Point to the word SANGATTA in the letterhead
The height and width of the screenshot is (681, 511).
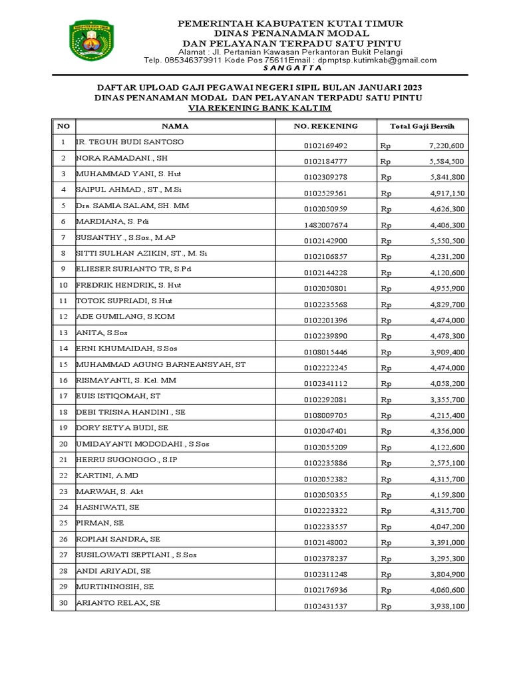(292, 68)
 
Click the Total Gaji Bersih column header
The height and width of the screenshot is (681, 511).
(422, 126)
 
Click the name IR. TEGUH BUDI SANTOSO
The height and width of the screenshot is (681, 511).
(130, 142)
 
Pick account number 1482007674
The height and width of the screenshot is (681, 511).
(325, 225)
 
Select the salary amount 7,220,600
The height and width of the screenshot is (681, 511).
(446, 145)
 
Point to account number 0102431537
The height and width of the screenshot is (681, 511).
(325, 606)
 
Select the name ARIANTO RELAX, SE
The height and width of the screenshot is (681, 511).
(118, 603)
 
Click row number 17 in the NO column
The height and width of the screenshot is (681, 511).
(63, 396)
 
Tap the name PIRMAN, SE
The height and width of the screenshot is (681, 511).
(100, 523)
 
